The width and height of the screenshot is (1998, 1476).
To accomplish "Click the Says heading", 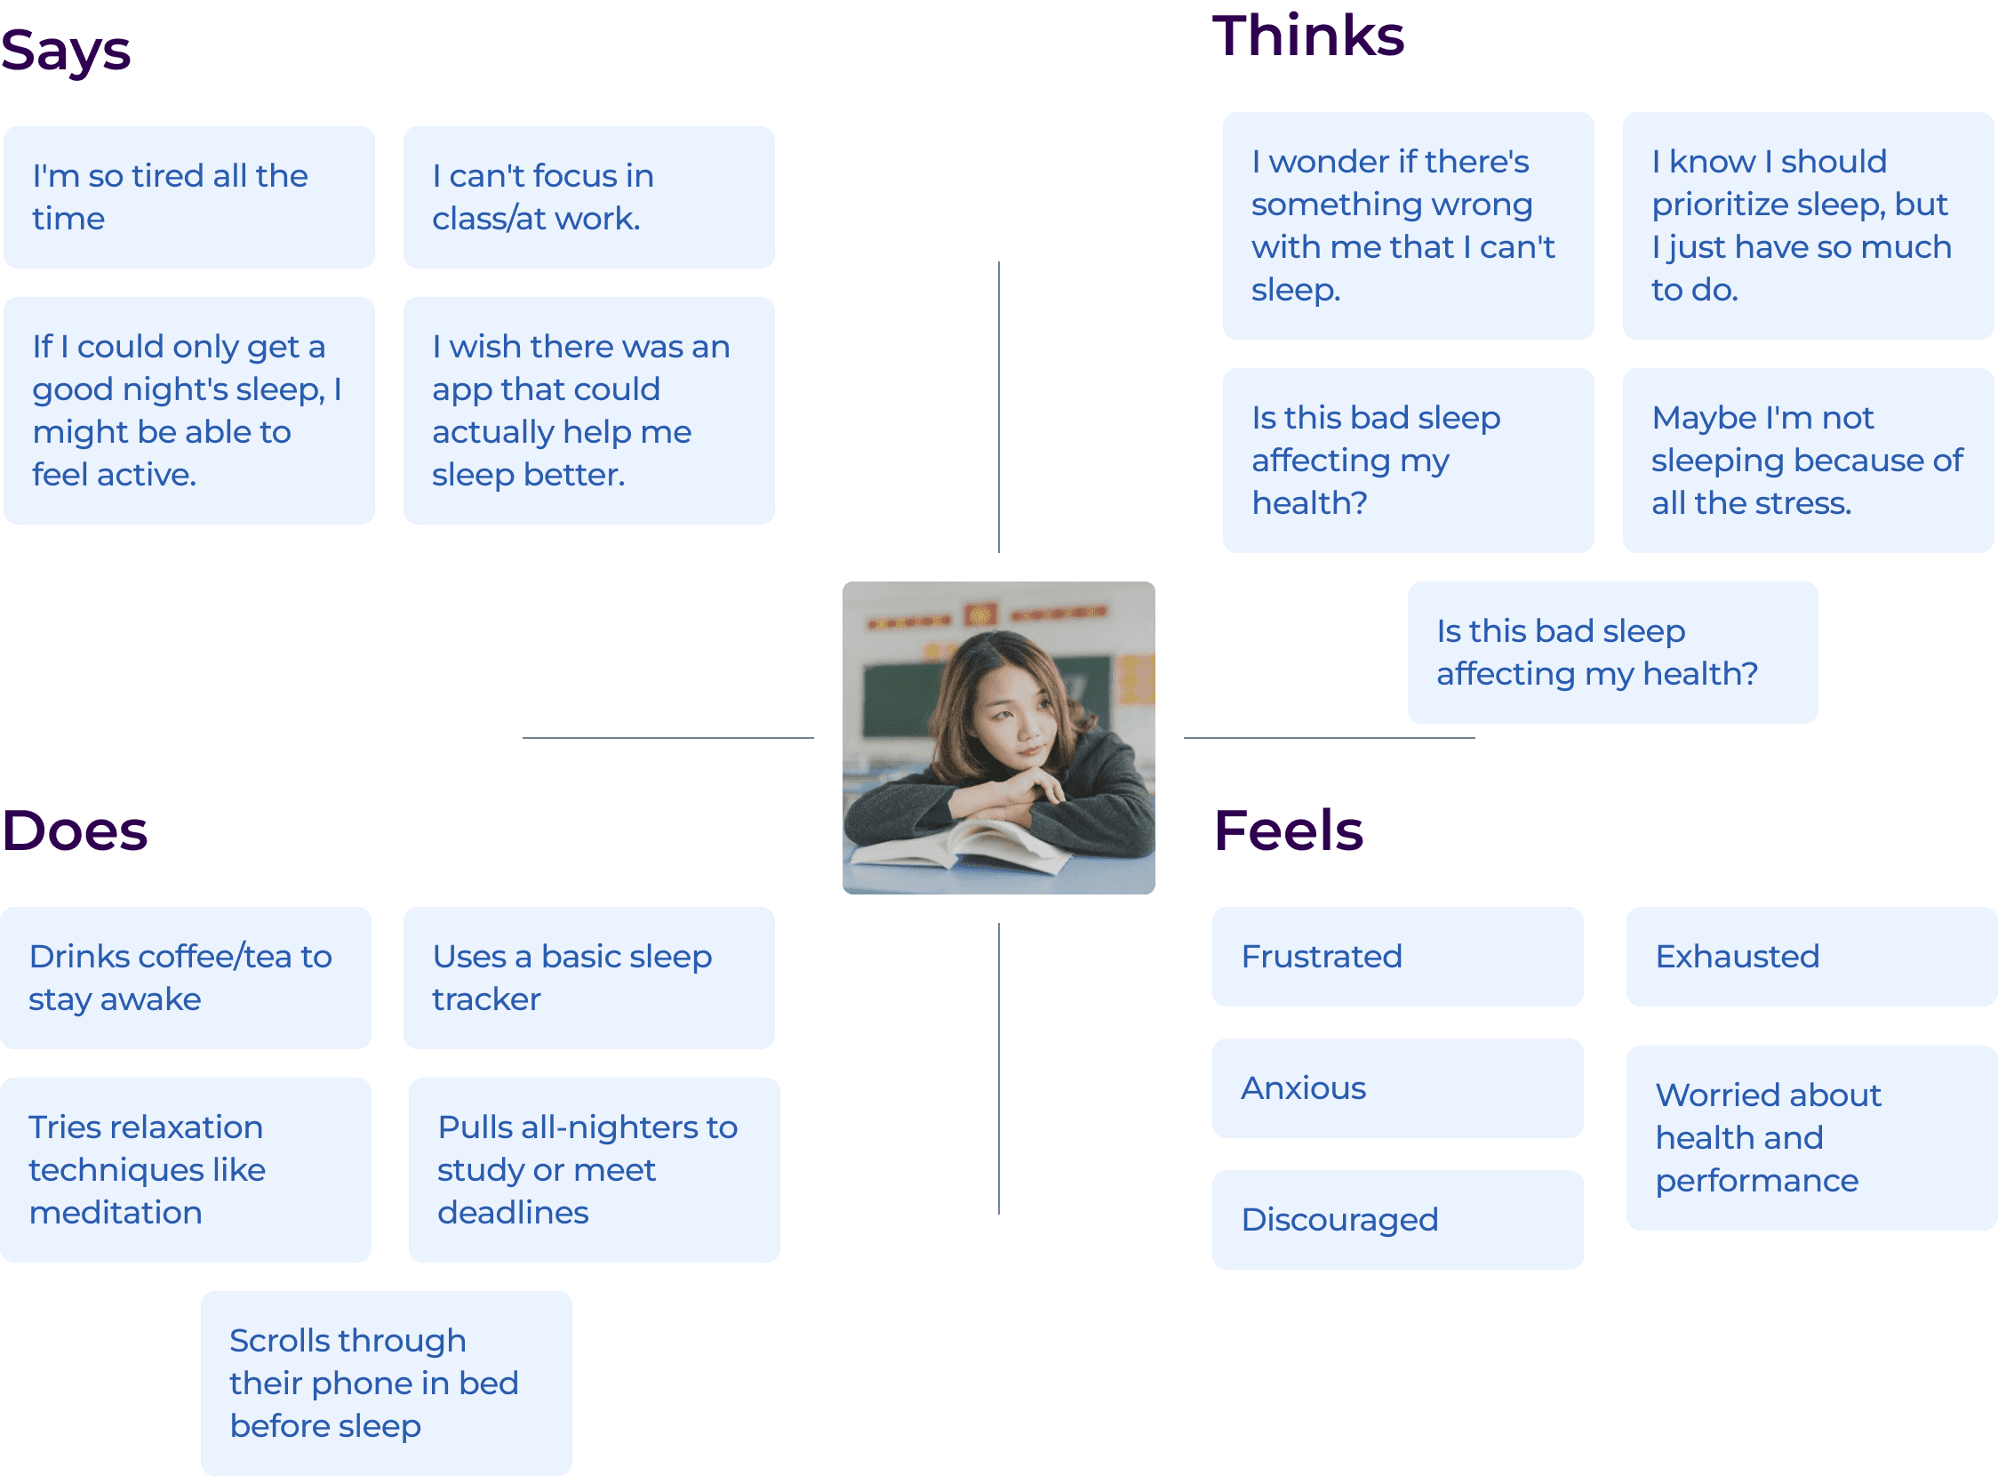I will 66,50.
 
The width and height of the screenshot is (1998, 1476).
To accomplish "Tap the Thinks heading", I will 1307,36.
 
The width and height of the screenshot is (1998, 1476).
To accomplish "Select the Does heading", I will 75,830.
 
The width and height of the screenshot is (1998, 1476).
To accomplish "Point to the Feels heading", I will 1288,830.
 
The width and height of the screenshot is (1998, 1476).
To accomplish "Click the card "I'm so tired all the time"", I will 188,197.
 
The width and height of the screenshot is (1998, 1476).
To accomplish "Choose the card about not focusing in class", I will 588,197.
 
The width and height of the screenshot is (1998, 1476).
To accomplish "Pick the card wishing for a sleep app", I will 588,410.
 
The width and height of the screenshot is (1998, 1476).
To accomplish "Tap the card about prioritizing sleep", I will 1808,225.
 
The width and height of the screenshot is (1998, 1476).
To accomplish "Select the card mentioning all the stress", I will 1808,460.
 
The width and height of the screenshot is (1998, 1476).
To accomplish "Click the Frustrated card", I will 1397,957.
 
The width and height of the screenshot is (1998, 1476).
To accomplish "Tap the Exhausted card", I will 1811,957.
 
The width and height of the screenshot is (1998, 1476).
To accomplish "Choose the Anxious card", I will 1397,1088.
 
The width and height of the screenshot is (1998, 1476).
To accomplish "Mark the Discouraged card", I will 1397,1220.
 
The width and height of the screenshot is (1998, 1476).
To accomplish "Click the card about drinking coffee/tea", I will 186,977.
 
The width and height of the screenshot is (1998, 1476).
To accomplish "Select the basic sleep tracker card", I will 588,977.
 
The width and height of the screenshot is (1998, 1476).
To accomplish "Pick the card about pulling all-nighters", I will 594,1169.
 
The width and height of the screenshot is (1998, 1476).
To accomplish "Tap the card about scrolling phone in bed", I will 386,1383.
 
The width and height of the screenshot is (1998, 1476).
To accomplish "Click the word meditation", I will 116,1213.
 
